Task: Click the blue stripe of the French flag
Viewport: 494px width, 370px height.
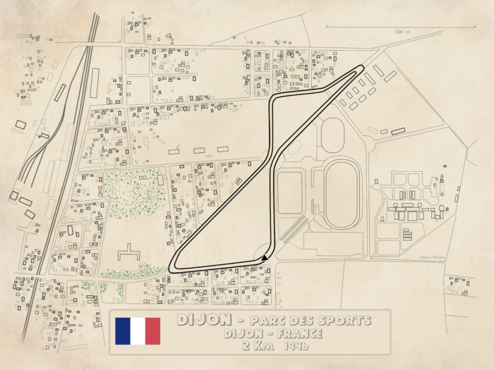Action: click(125, 331)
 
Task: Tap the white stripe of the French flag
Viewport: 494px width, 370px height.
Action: click(144, 331)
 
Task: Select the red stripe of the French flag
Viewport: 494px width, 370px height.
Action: click(162, 331)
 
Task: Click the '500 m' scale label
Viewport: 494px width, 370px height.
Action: click(403, 32)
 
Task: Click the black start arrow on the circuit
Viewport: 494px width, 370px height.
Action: click(264, 258)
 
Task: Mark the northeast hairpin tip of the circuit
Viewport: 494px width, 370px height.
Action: click(362, 68)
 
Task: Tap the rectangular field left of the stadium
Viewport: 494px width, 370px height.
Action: click(289, 192)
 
